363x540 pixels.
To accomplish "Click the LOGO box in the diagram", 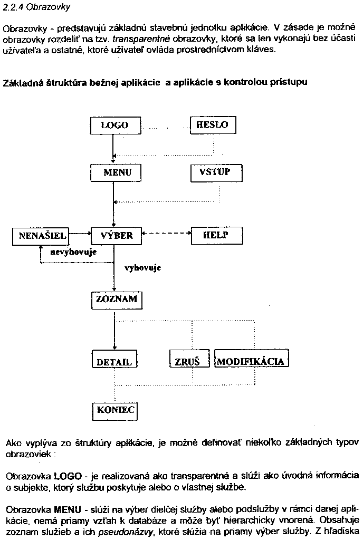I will tap(114, 126).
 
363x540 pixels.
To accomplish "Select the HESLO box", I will tap(212, 125).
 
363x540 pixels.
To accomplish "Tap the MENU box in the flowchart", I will tap(114, 172).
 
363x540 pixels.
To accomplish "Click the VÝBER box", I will tap(116, 236).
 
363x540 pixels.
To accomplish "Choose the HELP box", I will tap(215, 236).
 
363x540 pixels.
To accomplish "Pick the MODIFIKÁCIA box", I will tap(251, 361).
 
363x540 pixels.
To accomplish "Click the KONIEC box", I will tap(116, 410).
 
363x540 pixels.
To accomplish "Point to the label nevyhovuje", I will tap(73, 252).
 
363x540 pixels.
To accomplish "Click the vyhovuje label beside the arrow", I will tap(142, 268).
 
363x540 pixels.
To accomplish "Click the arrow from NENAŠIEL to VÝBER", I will tap(81, 233).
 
